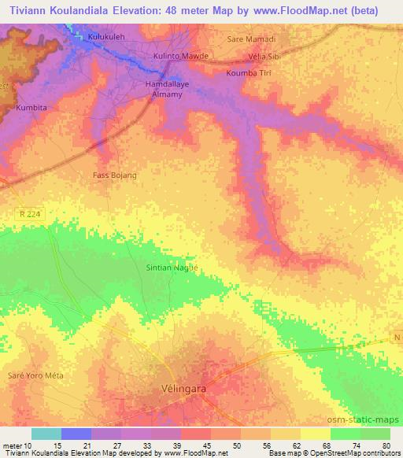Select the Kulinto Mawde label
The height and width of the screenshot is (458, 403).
pos(181,56)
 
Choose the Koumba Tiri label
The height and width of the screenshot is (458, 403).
pos(249,72)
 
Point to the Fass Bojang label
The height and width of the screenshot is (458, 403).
pos(115,174)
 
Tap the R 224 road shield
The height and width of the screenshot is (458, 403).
pos(29,213)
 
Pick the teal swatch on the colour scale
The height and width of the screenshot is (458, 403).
pos(46,434)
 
